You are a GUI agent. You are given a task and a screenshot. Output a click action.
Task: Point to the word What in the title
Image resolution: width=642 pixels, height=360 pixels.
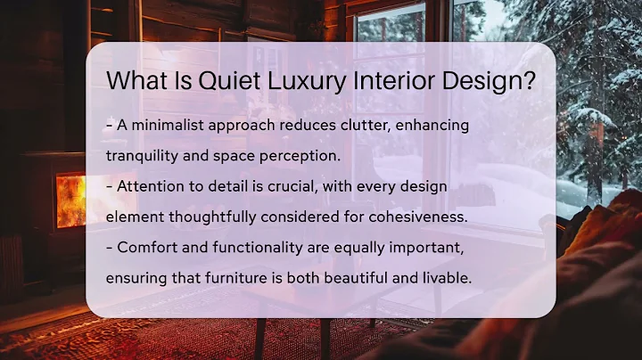135,80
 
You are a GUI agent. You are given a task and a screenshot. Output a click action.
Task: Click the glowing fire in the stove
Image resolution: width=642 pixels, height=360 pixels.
70,200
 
